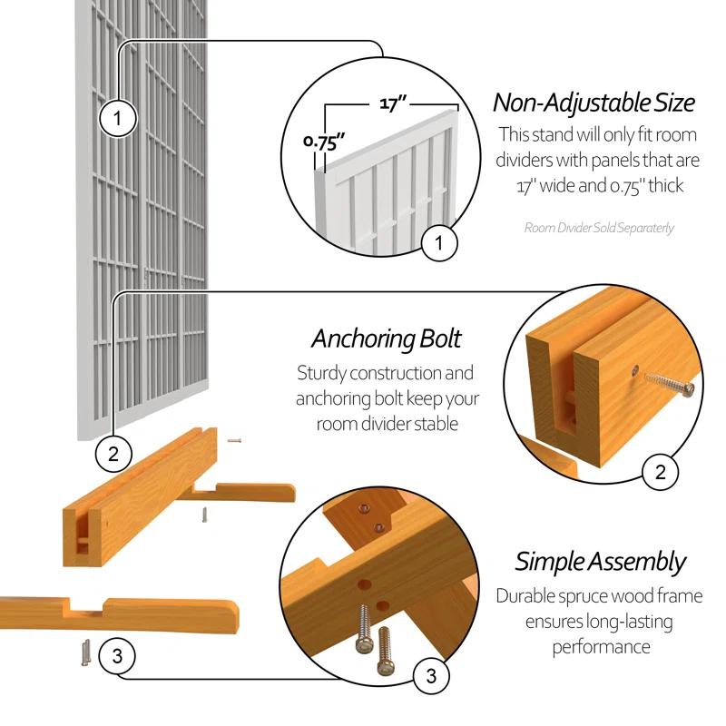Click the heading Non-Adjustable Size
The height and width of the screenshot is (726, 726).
(x=594, y=102)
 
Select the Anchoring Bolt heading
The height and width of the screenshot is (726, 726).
(x=387, y=338)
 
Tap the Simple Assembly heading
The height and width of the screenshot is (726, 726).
(x=600, y=561)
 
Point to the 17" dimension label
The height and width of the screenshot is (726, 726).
(x=392, y=103)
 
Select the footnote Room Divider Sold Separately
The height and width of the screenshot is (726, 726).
(x=599, y=228)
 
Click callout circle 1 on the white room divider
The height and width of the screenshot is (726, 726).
(x=118, y=117)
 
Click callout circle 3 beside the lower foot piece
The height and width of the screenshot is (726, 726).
(x=116, y=656)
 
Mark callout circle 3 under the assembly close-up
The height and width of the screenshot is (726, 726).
(x=431, y=675)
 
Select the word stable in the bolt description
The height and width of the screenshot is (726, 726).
(x=433, y=424)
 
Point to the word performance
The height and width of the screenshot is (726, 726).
(x=600, y=647)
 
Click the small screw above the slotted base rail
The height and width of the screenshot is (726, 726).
(x=234, y=440)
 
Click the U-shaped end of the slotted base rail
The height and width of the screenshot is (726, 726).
(x=82, y=535)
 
